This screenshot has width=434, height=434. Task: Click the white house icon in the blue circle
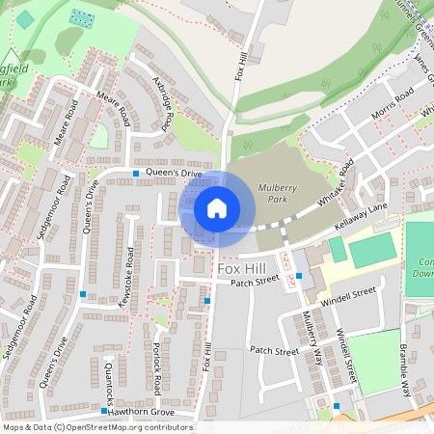[217, 207]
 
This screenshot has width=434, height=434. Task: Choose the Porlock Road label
[156, 367]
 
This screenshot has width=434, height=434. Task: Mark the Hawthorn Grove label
[141, 412]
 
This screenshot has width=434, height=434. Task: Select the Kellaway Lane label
[360, 228]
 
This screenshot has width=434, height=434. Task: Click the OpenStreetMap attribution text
[96, 427]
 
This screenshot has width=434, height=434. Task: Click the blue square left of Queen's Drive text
[136, 174]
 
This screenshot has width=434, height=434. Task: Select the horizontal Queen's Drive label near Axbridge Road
[174, 174]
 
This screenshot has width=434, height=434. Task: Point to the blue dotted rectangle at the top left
[83, 18]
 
